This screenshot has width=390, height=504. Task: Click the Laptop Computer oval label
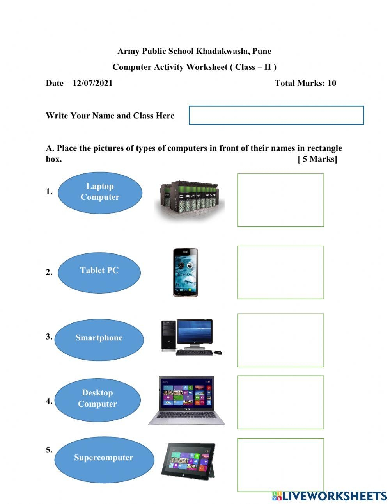pyautogui.click(x=100, y=192)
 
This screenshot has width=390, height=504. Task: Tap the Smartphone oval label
pyautogui.click(x=99, y=339)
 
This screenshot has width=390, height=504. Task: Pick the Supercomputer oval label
pyautogui.click(x=104, y=459)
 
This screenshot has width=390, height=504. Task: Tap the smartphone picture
pyautogui.click(x=185, y=272)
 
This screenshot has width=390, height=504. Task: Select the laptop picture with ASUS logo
pyautogui.click(x=187, y=401)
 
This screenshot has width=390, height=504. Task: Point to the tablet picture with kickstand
pyautogui.click(x=188, y=461)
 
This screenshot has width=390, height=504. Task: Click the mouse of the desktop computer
pyautogui.click(x=218, y=352)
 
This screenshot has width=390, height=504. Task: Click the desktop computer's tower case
pyautogui.click(x=168, y=335)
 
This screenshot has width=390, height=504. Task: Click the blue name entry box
pyautogui.click(x=276, y=115)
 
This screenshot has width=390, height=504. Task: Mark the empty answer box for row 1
pyautogui.click(x=280, y=200)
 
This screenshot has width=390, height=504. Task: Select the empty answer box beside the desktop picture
pyautogui.click(x=280, y=340)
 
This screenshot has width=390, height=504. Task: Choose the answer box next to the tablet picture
pyautogui.click(x=280, y=465)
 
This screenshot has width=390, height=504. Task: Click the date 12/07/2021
pyautogui.click(x=92, y=83)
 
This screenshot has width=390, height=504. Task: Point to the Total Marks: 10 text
pyautogui.click(x=305, y=83)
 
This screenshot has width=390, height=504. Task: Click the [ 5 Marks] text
pyautogui.click(x=317, y=159)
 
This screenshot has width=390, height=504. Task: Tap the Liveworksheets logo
pyautogui.click(x=329, y=496)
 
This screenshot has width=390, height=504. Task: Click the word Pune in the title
pyautogui.click(x=262, y=51)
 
